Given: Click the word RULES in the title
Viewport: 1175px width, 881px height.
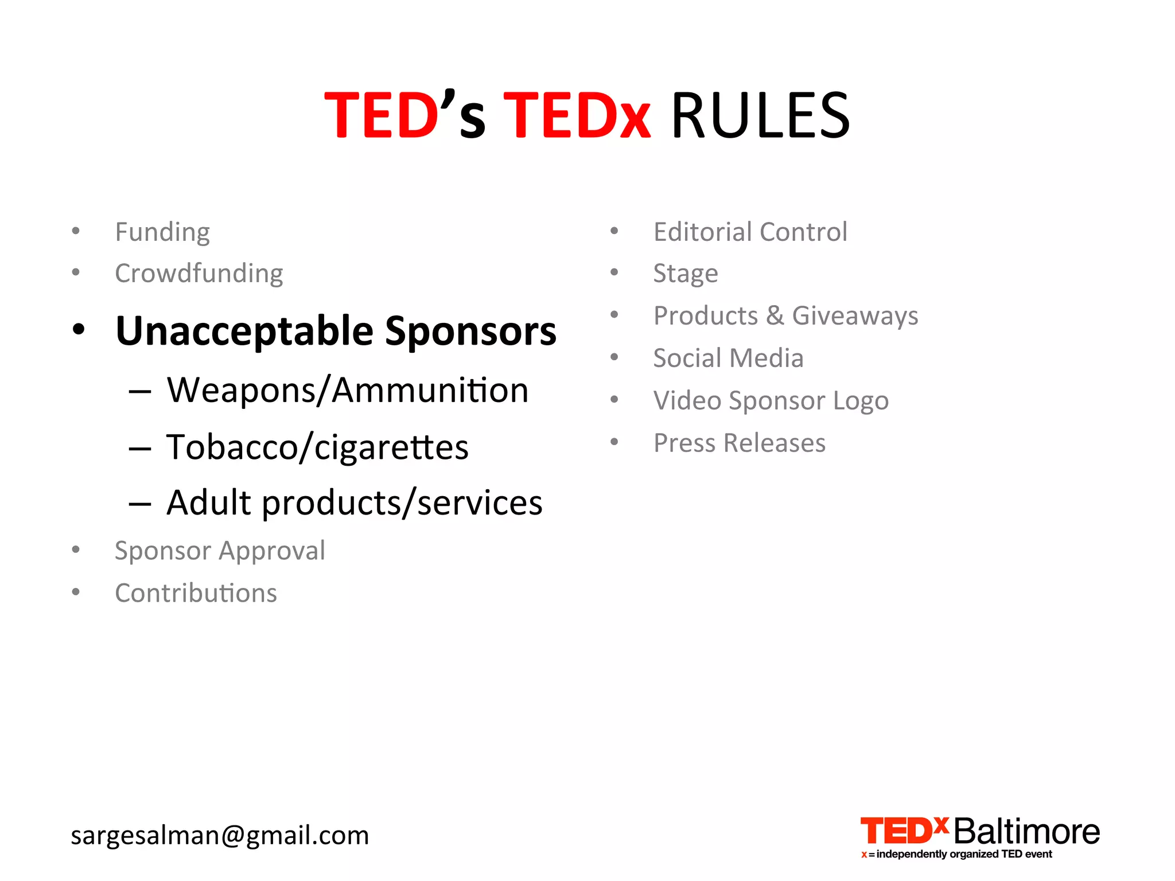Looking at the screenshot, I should [760, 116].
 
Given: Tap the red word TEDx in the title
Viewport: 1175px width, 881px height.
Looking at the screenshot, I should [577, 116].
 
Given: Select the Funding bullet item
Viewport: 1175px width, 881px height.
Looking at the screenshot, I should [162, 232].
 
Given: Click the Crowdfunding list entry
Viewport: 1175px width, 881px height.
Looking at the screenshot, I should [199, 274].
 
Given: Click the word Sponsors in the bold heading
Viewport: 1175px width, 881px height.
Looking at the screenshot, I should [470, 332].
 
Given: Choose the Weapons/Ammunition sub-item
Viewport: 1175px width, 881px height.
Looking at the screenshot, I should [347, 391].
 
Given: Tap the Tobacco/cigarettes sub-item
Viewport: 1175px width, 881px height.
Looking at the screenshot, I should [317, 447].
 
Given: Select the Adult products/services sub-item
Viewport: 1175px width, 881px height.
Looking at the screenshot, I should [354, 503].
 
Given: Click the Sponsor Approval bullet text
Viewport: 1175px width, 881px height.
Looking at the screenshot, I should [220, 551].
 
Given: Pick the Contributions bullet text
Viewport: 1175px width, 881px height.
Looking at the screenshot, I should [196, 593].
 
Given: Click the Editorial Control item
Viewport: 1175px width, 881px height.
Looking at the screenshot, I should [750, 232].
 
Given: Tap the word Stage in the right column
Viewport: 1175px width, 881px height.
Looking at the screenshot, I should [686, 274].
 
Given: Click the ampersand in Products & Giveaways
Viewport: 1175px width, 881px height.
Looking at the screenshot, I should [775, 315].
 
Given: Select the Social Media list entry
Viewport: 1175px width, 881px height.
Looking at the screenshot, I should [728, 358].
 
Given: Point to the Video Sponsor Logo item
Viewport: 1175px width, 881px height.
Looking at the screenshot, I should [771, 400].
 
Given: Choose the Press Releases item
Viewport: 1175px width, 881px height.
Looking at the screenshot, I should [740, 443].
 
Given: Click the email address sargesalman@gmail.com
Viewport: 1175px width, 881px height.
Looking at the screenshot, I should [220, 835].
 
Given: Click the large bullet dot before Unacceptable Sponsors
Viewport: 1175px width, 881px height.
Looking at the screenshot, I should [79, 330].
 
